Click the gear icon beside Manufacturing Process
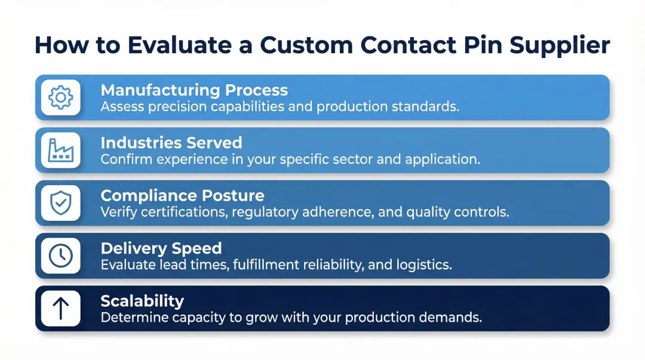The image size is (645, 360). pos(60,97)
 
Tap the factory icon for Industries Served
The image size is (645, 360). pos(60,150)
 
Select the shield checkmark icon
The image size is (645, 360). pos(60,203)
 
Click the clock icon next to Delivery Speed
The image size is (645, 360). pos(60,256)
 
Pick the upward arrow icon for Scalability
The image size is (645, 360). pos(60,308)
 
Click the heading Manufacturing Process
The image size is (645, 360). pos(194,90)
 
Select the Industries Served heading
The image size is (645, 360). pos(171,143)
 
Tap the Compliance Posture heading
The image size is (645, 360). pos(182,195)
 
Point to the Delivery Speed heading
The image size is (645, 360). pos(161,248)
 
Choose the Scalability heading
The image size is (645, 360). pos(142,300)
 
